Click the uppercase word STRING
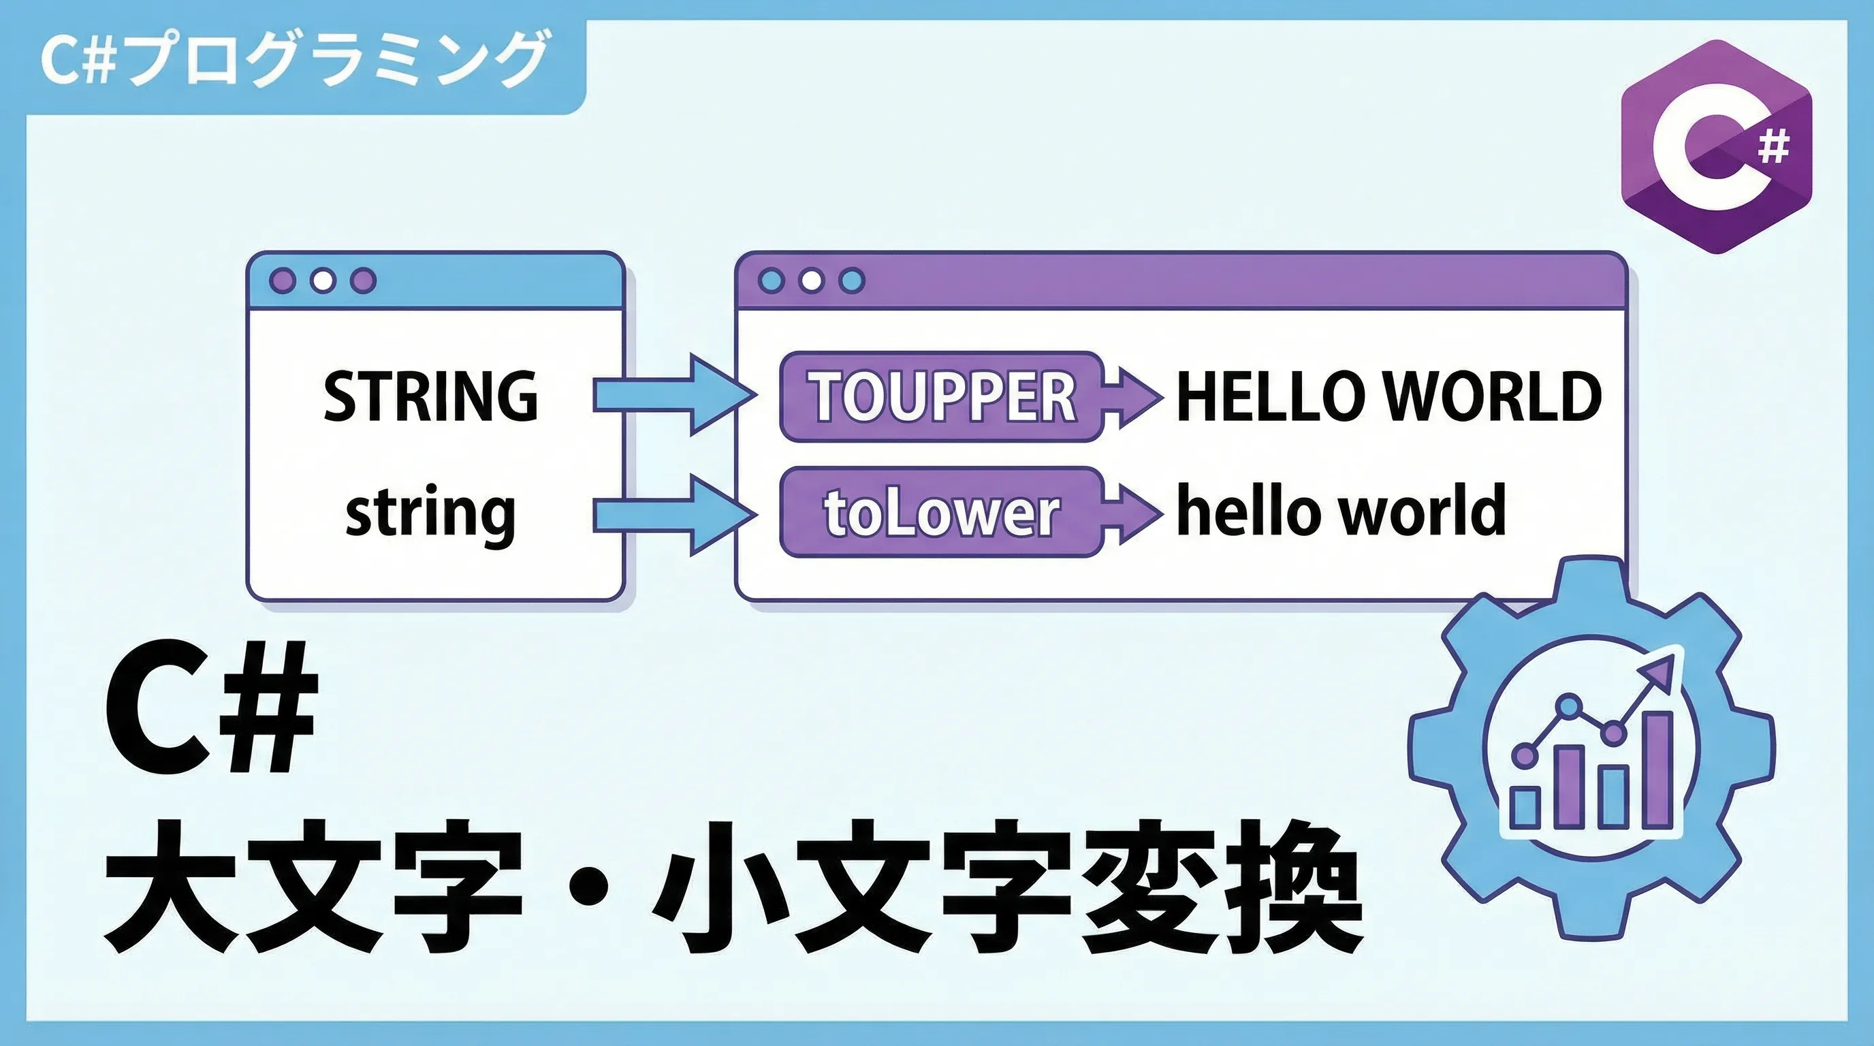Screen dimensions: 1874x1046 click(x=430, y=396)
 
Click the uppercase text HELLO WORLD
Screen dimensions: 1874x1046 click(x=1388, y=396)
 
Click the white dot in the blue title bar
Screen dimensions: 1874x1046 click(x=323, y=281)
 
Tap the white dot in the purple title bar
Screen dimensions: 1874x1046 click(x=812, y=281)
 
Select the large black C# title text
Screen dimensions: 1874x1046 click(x=211, y=706)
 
